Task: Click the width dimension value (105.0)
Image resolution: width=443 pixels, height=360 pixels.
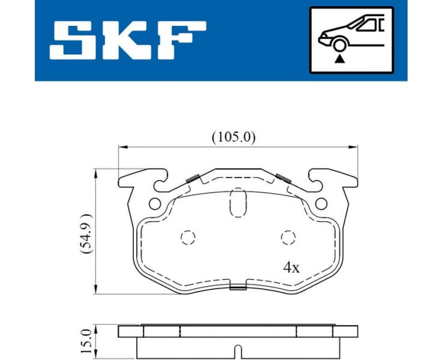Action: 234,137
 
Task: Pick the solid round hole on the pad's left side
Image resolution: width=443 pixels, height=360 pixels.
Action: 155,203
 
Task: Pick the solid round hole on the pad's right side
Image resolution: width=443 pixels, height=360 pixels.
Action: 321,203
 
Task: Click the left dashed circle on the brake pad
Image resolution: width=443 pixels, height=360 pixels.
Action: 188,238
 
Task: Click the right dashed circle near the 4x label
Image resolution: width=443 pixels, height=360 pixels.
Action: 288,238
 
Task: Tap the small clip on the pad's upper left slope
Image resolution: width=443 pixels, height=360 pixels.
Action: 193,178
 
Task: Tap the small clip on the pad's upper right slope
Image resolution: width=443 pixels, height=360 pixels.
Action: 283,178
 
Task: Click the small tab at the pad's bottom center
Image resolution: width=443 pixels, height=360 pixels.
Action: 238,287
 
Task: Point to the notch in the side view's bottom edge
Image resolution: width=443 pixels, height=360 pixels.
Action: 238,350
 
